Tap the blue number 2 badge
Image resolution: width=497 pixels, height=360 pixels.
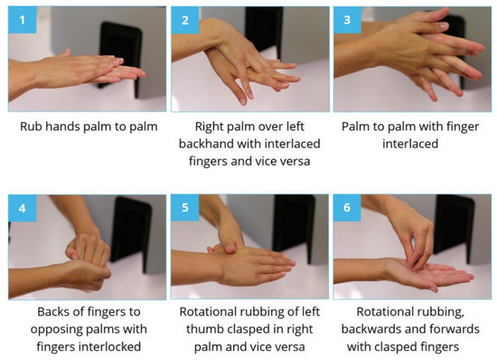(184, 17)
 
